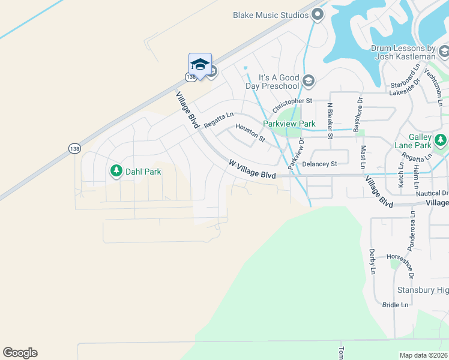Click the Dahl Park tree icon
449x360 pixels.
116,171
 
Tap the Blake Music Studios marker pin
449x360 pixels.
318,14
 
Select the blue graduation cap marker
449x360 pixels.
200,64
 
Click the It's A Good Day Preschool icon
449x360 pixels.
309,80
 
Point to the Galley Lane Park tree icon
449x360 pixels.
441,140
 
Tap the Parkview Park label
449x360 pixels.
289,124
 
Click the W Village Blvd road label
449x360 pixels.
252,169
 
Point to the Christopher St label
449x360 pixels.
293,106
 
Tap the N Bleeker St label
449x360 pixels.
330,120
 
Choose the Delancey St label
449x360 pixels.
320,163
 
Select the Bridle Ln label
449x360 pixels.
396,305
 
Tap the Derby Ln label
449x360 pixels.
372,262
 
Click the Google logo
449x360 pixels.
20,353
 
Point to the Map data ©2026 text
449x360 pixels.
423,355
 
